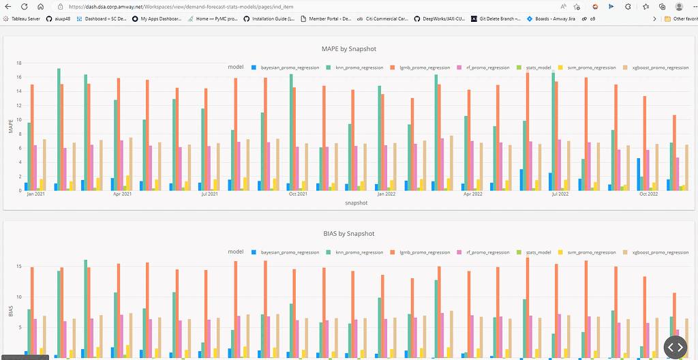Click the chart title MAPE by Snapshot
tap(348, 49)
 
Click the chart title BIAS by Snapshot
tap(348, 234)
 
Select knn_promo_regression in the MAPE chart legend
tap(355, 68)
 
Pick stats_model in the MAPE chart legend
tap(538, 68)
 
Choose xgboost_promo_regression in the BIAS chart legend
tap(660, 252)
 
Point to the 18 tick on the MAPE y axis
tap(19, 63)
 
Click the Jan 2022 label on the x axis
tap(386, 194)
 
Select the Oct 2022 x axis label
tap(648, 194)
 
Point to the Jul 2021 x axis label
tap(210, 194)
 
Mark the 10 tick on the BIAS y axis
tap(19, 297)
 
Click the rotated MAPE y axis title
tap(10, 127)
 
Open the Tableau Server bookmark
tap(25, 19)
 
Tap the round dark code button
tap(674, 347)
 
